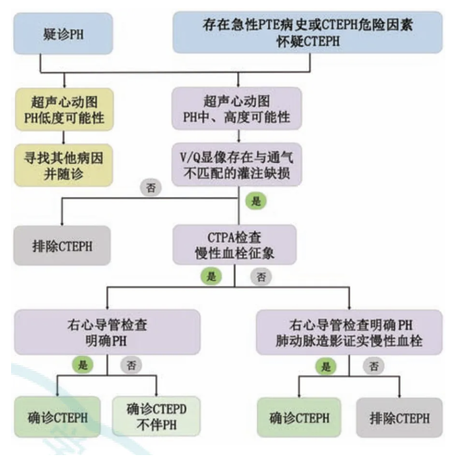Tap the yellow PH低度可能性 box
point(62,109)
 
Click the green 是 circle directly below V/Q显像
point(256,201)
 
